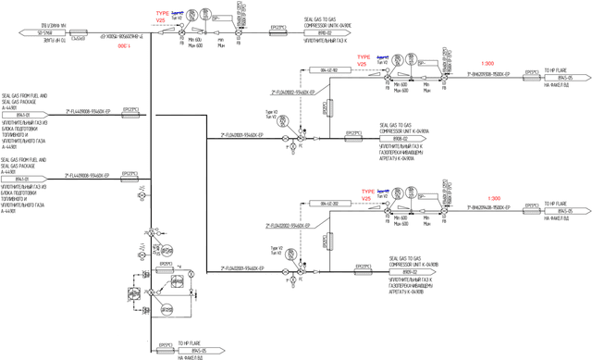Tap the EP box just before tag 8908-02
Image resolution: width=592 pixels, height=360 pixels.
(x=352, y=133)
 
